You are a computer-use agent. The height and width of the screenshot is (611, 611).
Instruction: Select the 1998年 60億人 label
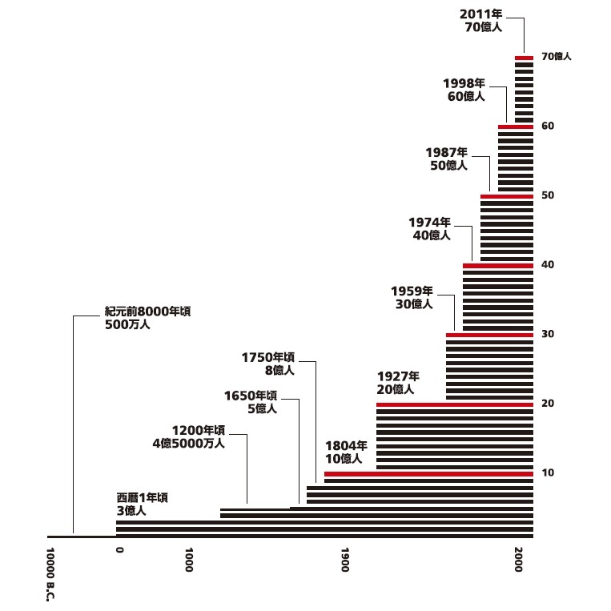click(x=464, y=89)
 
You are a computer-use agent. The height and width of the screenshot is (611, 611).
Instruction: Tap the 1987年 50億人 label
click(x=447, y=158)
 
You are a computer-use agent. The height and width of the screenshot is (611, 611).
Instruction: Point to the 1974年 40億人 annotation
click(x=429, y=228)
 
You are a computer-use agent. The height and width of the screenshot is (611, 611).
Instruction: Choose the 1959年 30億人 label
click(x=412, y=297)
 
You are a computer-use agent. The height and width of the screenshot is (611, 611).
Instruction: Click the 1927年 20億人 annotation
click(x=397, y=383)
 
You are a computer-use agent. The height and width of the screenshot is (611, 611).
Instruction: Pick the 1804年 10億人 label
click(x=345, y=452)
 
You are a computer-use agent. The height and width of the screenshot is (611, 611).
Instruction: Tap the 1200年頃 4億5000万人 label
click(x=198, y=436)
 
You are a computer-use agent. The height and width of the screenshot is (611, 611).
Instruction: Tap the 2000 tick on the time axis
click(x=520, y=561)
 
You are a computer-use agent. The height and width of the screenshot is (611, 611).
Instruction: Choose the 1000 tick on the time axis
click(x=190, y=561)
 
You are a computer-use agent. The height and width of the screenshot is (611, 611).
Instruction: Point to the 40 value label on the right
click(x=548, y=265)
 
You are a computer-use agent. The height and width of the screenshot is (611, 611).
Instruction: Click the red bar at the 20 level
click(x=454, y=404)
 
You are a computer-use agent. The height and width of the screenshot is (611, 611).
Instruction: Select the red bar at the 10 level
click(x=428, y=474)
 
